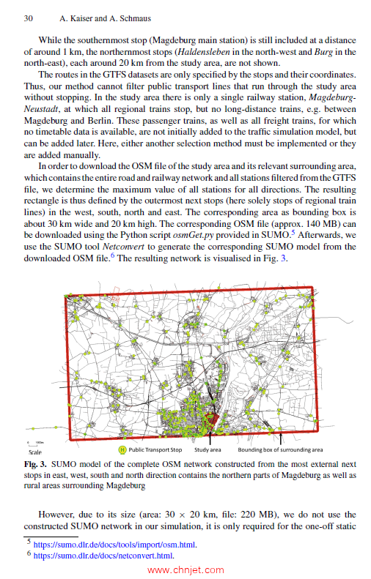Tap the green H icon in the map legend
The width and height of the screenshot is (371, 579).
tap(122, 449)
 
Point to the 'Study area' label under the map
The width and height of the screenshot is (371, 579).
tap(207, 449)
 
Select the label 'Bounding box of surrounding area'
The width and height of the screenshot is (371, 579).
tap(280, 449)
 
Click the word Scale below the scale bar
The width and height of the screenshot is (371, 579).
tap(34, 452)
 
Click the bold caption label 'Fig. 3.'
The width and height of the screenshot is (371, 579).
tap(37, 464)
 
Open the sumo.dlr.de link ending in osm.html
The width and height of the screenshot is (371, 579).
tap(115, 545)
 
